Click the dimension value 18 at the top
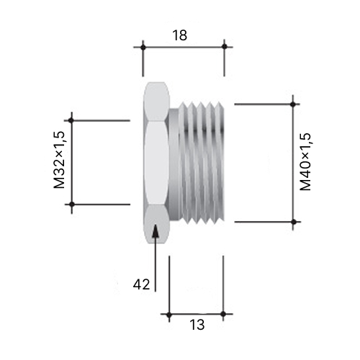[179, 35]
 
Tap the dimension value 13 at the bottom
[197, 325]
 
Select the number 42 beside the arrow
[141, 284]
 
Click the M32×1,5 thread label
[59, 160]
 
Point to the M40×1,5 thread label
[305, 162]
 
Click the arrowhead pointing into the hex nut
[156, 231]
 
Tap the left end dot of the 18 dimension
[143, 48]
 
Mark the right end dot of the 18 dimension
[225, 46]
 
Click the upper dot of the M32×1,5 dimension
[71, 120]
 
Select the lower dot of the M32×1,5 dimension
[72, 204]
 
